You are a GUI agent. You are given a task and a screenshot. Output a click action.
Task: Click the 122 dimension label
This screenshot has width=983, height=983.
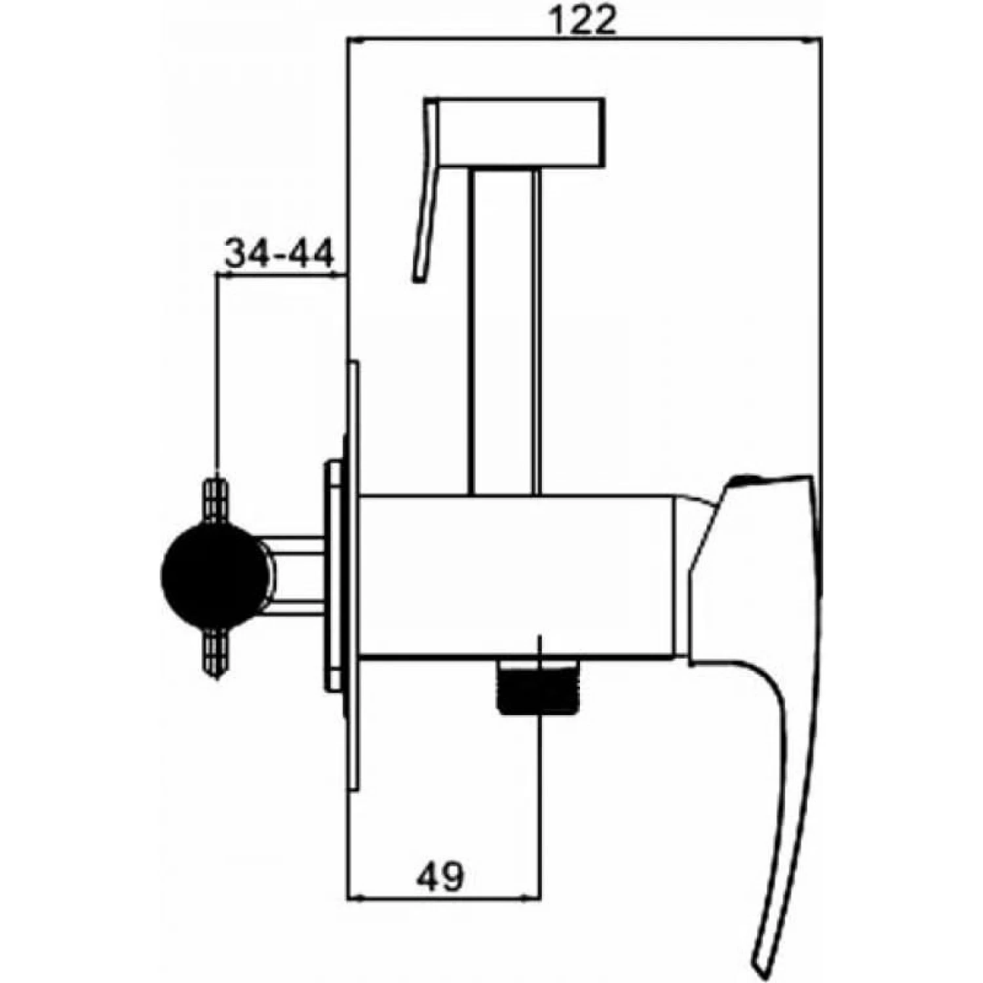tap(583, 22)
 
